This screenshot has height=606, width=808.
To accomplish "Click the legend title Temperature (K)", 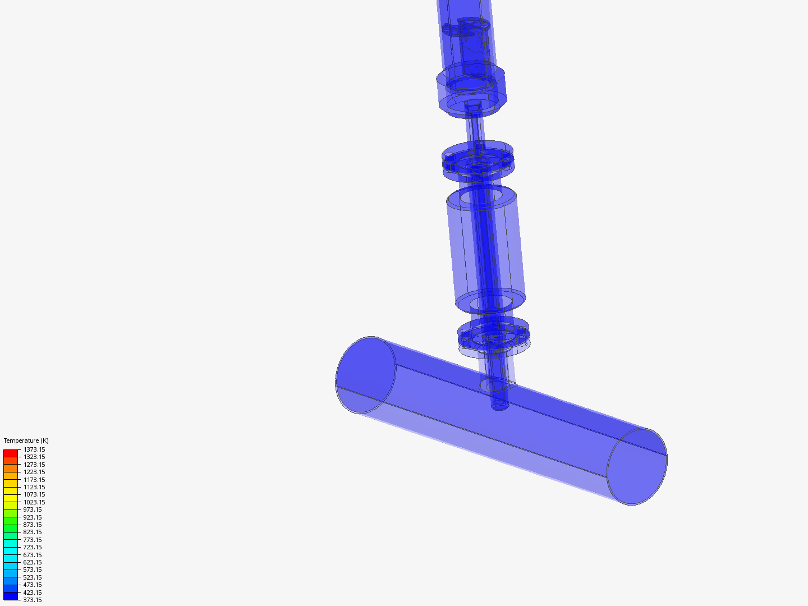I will tap(26, 440).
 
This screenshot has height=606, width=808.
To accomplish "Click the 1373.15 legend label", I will tap(34, 449).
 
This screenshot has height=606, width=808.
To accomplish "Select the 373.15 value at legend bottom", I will tap(32, 600).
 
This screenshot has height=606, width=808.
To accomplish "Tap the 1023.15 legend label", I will tap(34, 502).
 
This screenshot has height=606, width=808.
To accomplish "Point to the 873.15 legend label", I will tap(32, 525).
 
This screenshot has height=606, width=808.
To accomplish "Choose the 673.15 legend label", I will tap(32, 555).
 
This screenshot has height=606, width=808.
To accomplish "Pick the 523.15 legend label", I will tap(32, 577).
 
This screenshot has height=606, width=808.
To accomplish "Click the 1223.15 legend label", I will tap(34, 472).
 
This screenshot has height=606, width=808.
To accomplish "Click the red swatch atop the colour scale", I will tap(11, 453).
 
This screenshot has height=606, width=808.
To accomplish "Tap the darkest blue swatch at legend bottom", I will tap(11, 596).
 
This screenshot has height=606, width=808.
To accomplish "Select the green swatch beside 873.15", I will tap(11, 525).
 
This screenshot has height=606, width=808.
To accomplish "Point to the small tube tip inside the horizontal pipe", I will tap(499, 406).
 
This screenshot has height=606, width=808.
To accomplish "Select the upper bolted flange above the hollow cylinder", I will tap(478, 159).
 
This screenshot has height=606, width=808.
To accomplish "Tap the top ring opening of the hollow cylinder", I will tap(481, 197).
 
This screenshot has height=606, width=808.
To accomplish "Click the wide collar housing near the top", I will tap(471, 90).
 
